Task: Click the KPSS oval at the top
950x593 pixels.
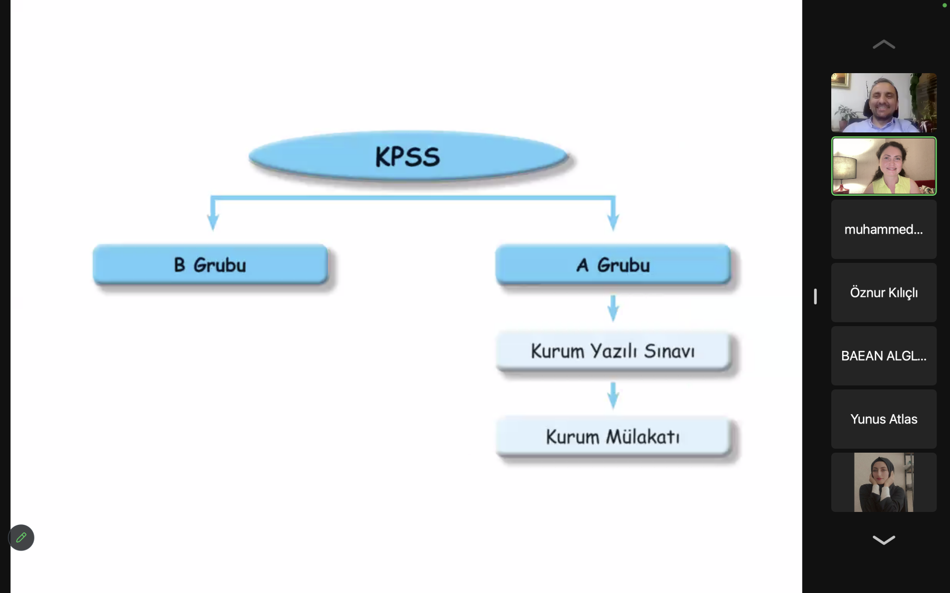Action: click(408, 156)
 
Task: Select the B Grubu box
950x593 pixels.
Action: click(210, 265)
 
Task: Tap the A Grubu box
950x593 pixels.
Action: click(613, 265)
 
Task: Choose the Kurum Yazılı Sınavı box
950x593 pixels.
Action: click(613, 351)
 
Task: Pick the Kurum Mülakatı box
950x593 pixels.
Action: click(613, 436)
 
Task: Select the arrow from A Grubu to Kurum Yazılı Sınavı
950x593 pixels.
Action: click(613, 309)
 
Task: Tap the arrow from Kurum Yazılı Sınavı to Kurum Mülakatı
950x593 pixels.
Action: click(613, 395)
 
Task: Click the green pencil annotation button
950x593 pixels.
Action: click(21, 538)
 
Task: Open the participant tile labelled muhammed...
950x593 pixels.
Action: click(884, 229)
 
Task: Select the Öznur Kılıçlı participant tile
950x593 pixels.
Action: click(884, 293)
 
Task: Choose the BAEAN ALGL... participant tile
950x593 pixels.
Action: click(884, 356)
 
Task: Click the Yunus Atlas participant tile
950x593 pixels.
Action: click(884, 419)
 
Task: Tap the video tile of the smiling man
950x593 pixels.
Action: click(884, 103)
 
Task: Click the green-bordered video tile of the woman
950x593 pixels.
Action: click(884, 166)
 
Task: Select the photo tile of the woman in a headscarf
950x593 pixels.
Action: click(884, 482)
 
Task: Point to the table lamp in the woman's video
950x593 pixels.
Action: click(845, 168)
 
